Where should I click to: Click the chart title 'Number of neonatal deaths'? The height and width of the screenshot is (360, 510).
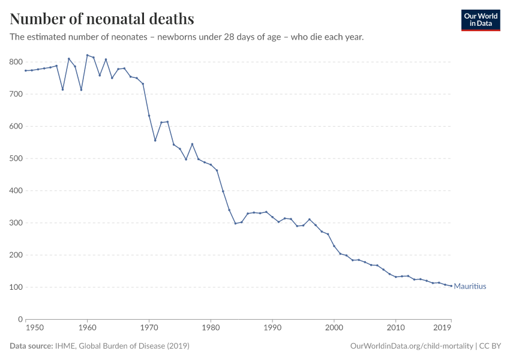tap(102, 19)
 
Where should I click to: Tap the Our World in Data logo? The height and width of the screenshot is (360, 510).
tap(480, 20)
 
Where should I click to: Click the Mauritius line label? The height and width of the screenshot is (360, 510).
tap(470, 287)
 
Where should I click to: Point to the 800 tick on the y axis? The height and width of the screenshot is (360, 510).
tap(16, 62)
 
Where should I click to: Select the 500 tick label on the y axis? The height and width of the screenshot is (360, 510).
tap(16, 158)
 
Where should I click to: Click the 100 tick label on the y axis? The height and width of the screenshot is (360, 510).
tap(16, 287)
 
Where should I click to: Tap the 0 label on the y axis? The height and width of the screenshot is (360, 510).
tap(20, 319)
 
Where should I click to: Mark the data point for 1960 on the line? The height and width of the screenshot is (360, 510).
tap(88, 55)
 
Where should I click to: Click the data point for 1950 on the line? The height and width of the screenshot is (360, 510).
tap(26, 71)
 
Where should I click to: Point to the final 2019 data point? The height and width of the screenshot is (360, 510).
tap(451, 286)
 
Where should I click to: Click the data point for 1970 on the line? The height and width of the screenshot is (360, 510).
tap(149, 116)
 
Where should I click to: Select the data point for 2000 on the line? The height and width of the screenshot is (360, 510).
tap(334, 246)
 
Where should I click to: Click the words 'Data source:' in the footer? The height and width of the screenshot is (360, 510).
tap(31, 346)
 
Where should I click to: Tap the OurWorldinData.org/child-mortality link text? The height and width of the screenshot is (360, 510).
tap(410, 346)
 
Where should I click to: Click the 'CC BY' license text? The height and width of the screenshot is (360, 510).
tap(490, 346)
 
